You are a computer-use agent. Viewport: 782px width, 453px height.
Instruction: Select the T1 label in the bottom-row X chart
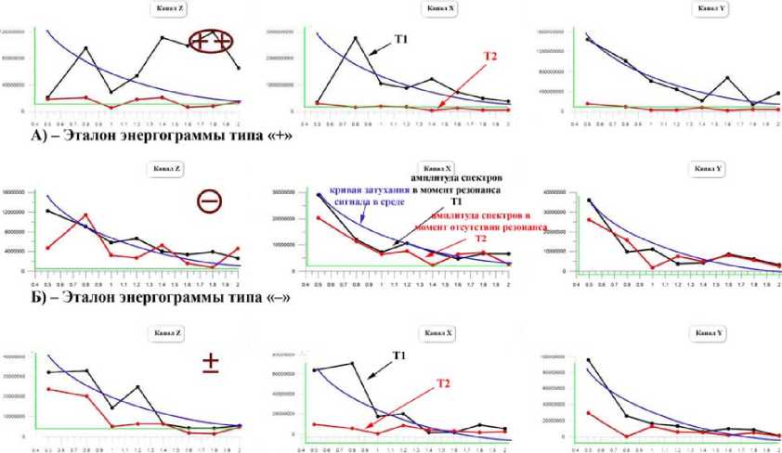[x=399, y=356]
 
